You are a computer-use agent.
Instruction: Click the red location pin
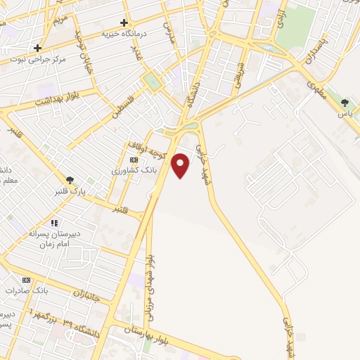[x=181, y=165]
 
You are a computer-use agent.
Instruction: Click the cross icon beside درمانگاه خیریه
[x=124, y=22]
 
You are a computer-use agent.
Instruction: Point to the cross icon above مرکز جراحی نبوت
[x=38, y=48]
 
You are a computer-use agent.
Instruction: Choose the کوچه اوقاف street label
[x=146, y=148]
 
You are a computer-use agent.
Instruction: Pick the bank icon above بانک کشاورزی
[x=134, y=160]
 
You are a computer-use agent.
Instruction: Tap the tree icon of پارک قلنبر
[x=69, y=180]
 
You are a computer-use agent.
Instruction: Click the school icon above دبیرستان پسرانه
[x=53, y=223]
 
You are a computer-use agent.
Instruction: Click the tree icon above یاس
[x=345, y=103]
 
